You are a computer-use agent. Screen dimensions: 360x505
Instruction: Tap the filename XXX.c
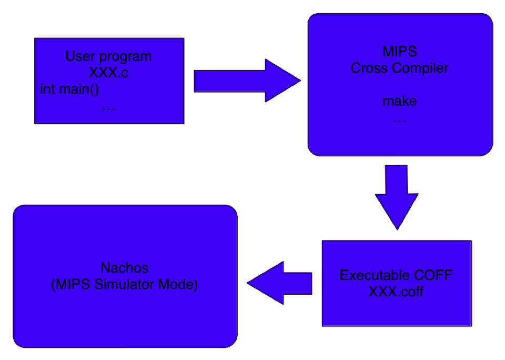tap(108, 73)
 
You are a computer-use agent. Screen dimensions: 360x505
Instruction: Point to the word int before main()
tap(47, 89)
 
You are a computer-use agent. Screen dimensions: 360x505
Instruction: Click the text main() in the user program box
tap(78, 89)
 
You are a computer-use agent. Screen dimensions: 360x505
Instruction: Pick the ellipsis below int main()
tap(108, 107)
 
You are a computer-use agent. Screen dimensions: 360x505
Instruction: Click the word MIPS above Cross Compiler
tap(399, 52)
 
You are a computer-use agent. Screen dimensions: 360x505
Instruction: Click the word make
tap(399, 101)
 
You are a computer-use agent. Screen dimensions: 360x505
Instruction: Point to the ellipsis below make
tap(399, 119)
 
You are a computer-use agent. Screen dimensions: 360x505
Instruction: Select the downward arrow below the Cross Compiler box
tap(397, 196)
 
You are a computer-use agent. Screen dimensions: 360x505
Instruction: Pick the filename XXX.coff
tap(396, 291)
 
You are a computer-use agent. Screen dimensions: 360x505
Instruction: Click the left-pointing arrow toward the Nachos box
tap(279, 283)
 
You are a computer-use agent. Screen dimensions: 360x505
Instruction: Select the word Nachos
tap(124, 268)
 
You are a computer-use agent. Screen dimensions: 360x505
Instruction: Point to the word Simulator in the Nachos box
tap(124, 285)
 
